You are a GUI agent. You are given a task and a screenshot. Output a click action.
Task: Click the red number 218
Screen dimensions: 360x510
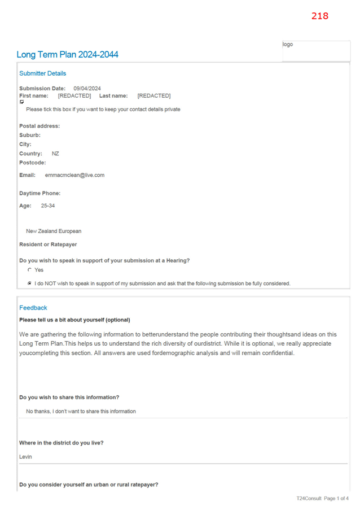click(x=320, y=16)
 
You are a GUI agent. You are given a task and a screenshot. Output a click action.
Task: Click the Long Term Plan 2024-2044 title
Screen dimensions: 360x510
click(x=67, y=54)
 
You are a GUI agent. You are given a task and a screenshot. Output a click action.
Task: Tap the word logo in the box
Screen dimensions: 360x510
click(x=288, y=44)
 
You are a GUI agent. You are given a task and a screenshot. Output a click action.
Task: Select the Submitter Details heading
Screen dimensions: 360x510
click(x=42, y=73)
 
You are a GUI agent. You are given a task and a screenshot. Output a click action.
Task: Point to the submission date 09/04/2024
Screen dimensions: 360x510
click(x=87, y=89)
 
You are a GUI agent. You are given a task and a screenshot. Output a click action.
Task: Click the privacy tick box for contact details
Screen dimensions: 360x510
click(x=22, y=102)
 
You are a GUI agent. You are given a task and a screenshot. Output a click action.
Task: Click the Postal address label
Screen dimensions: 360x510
click(x=39, y=126)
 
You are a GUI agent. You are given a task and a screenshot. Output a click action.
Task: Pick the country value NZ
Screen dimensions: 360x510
click(x=55, y=154)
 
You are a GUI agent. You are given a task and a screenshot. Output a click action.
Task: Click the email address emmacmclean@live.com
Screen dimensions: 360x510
click(x=74, y=175)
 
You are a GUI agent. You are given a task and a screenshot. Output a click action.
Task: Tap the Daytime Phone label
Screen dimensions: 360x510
click(x=39, y=193)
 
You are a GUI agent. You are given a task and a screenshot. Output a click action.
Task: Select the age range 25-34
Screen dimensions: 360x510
click(x=48, y=206)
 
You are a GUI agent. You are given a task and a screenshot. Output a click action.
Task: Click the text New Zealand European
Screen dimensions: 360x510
click(x=54, y=231)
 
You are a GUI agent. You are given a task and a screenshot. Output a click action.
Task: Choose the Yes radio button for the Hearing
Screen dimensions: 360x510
click(x=29, y=269)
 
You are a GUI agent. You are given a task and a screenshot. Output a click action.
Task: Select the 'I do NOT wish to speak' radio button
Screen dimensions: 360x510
click(x=29, y=284)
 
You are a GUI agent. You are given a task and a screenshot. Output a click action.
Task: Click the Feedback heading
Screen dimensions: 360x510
click(x=33, y=308)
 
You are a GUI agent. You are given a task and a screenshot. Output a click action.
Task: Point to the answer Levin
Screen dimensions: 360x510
click(x=25, y=457)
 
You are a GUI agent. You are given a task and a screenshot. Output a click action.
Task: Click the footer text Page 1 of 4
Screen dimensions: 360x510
click(x=336, y=498)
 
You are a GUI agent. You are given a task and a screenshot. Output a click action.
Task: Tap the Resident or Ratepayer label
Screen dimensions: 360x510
click(x=48, y=244)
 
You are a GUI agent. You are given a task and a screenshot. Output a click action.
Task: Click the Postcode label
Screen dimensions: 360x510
click(x=33, y=163)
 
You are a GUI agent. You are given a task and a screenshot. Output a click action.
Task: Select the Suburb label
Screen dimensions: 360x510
click(x=30, y=135)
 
